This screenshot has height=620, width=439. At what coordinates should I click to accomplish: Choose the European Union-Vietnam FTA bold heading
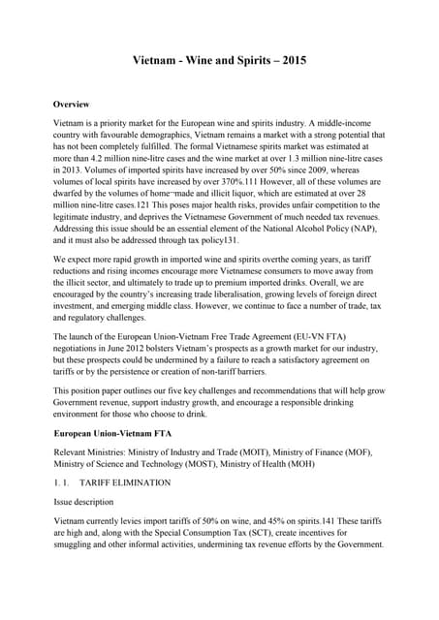[111, 433]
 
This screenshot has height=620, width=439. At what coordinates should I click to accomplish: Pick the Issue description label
[87, 504]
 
